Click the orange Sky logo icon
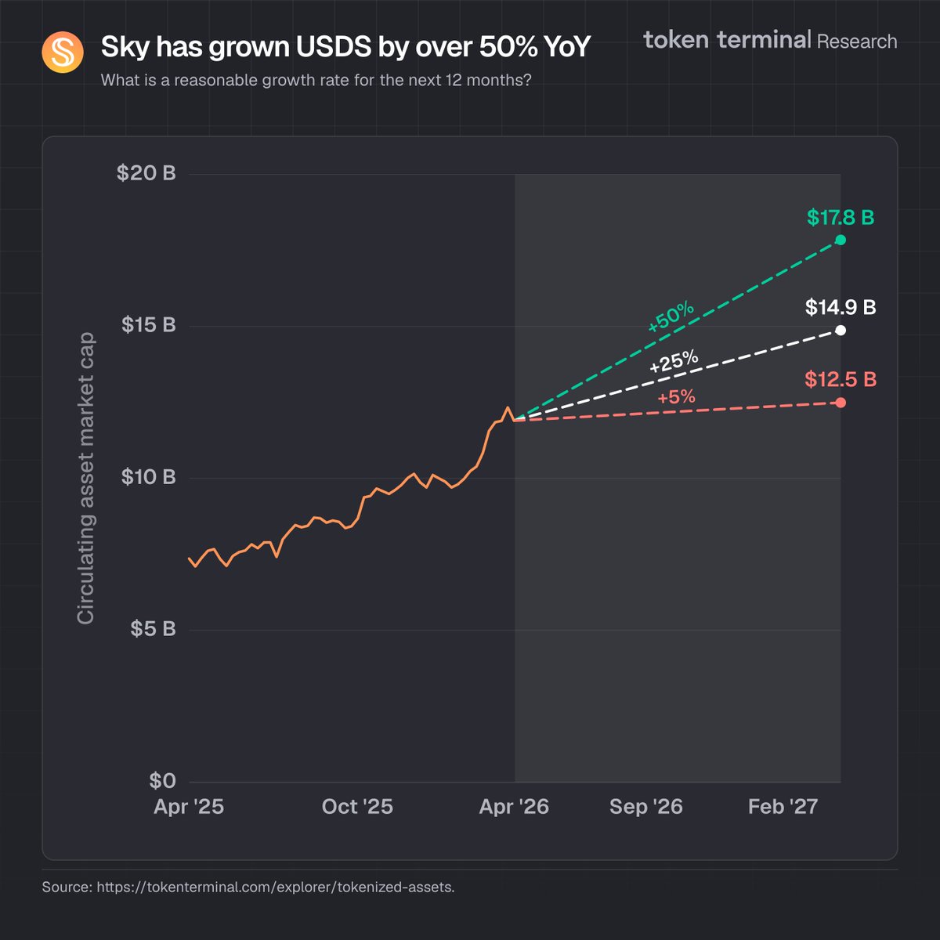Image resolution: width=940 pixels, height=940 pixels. pos(63,52)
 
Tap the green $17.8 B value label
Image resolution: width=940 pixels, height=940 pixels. pos(841,218)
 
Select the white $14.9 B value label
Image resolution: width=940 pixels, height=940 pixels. pos(841,307)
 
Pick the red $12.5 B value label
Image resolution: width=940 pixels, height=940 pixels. pos(841,380)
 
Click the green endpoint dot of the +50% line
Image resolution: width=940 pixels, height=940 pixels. pos(841,240)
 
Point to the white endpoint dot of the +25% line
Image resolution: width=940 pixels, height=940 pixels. pos(841,331)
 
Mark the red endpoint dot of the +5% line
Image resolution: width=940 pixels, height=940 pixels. pos(841,403)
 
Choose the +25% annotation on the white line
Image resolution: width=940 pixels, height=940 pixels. pos(674,362)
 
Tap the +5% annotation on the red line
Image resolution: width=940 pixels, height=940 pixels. pos(676,397)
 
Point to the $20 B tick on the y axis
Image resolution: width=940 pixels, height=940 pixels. pos(146,173)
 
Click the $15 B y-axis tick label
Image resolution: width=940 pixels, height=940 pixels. pos(149,325)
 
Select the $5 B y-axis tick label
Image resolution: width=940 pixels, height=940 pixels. pos(153,629)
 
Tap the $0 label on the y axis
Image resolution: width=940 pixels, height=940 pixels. pos(162,781)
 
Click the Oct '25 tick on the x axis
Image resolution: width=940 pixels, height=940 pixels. pos(357,807)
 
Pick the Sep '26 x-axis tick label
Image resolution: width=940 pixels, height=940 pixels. pos(646,807)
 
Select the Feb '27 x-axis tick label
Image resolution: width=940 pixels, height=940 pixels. pos(783,807)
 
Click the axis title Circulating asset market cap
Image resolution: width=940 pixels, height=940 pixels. pos(85,478)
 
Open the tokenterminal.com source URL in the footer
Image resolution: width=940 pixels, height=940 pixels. pos(275,888)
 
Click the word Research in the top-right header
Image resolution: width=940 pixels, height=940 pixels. pos(857,42)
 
